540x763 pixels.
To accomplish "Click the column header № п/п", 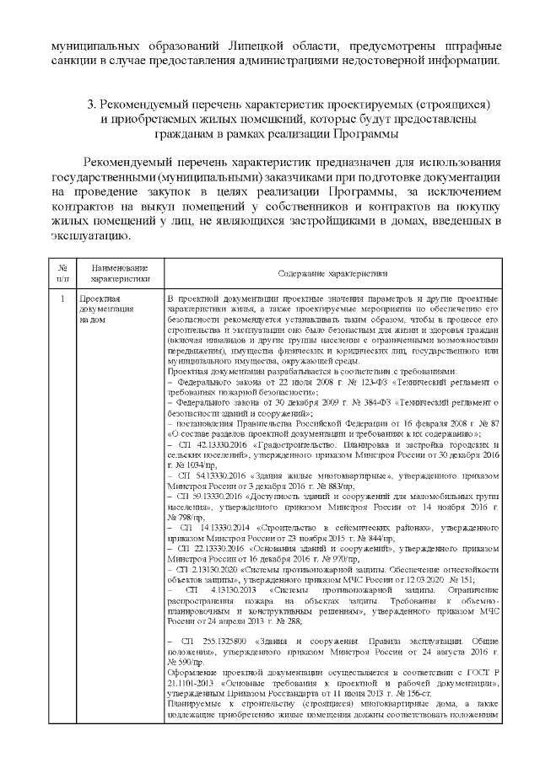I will tap(62, 271).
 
